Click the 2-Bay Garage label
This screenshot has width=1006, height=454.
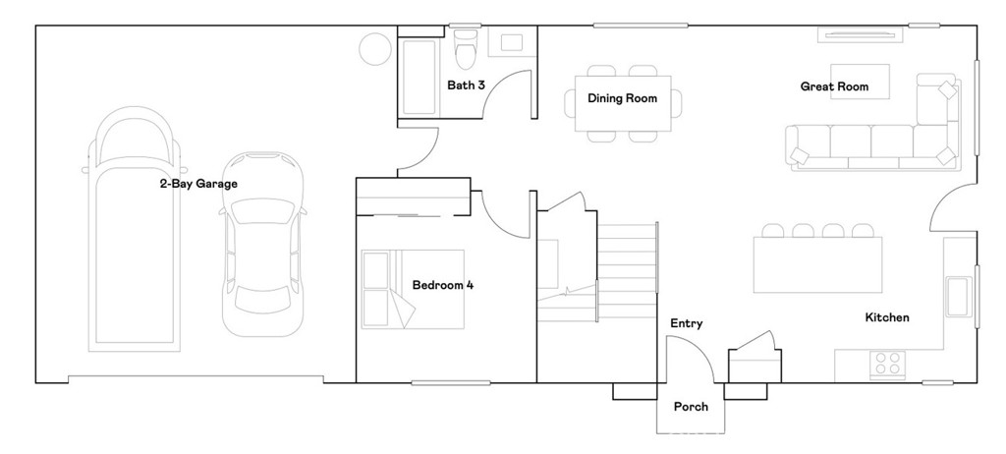click(x=198, y=184)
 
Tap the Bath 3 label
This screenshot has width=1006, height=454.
click(x=466, y=85)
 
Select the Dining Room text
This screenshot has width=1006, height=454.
click(x=622, y=98)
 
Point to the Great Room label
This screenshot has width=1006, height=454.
click(x=834, y=86)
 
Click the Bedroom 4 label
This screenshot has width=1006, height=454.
click(x=443, y=285)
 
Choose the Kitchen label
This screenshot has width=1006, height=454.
click(x=887, y=317)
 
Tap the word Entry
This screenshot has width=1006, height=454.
click(x=687, y=323)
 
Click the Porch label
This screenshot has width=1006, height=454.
click(x=691, y=407)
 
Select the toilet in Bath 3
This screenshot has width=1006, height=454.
click(x=465, y=47)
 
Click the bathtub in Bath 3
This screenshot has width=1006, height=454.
click(x=420, y=77)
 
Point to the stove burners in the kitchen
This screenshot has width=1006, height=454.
click(x=887, y=365)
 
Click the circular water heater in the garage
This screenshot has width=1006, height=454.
click(x=375, y=49)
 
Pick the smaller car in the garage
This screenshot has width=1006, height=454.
click(x=263, y=244)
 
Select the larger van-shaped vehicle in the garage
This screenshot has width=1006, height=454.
click(x=134, y=229)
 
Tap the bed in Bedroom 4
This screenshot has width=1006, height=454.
click(x=413, y=290)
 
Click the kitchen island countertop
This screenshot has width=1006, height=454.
click(x=817, y=264)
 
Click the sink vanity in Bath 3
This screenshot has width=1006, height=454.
click(x=511, y=42)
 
